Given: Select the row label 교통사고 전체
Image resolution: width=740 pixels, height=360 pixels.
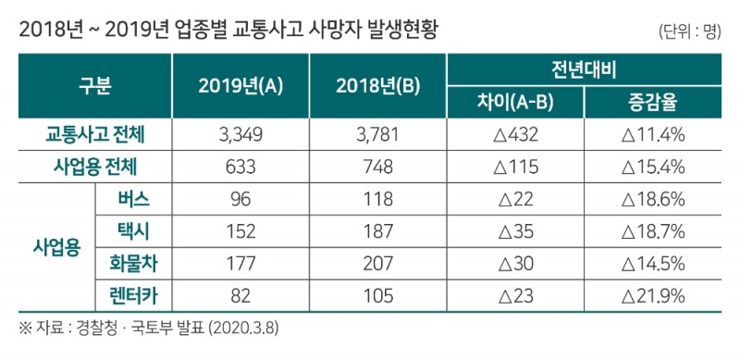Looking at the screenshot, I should click(x=94, y=135).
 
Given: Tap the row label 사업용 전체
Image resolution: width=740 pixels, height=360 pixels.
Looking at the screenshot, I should click(x=94, y=168).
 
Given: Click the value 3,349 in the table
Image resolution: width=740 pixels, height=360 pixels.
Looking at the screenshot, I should click(x=240, y=135).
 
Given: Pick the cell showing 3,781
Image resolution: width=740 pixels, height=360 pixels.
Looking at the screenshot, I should click(x=377, y=135).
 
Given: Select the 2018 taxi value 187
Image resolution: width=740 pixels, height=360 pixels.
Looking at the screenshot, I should click(x=377, y=232).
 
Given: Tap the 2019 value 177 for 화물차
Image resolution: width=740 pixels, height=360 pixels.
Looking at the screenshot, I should click(x=240, y=265).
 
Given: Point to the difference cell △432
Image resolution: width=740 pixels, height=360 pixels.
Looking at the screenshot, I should click(x=514, y=135).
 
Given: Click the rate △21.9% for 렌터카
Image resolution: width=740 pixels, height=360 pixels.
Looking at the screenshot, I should click(x=652, y=296).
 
